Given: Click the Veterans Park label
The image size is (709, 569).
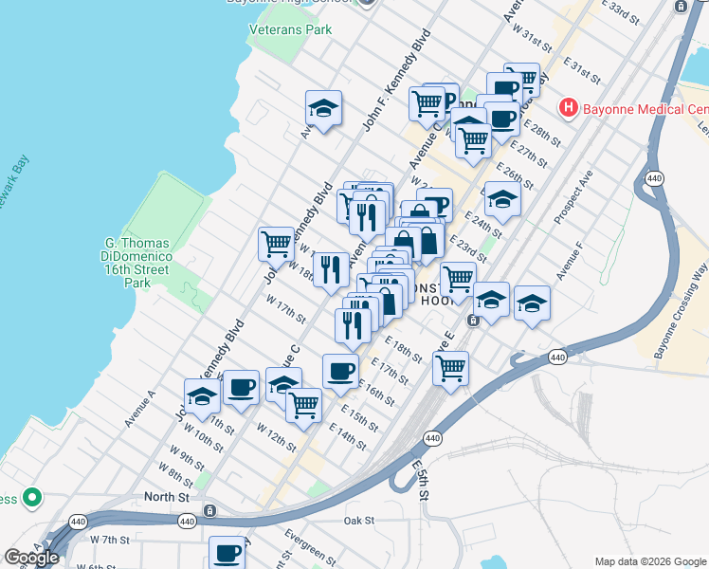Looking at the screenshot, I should [290, 29].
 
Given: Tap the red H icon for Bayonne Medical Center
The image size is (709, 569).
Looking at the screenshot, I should [569, 107].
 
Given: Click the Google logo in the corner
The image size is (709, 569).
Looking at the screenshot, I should [31, 558].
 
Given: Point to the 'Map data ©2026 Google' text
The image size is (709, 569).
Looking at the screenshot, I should [649, 561].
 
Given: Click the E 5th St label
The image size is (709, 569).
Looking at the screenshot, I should [423, 482].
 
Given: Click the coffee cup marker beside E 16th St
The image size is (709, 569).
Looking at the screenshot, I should [340, 370].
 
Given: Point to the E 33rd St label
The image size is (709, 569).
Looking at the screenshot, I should [632, 12].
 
